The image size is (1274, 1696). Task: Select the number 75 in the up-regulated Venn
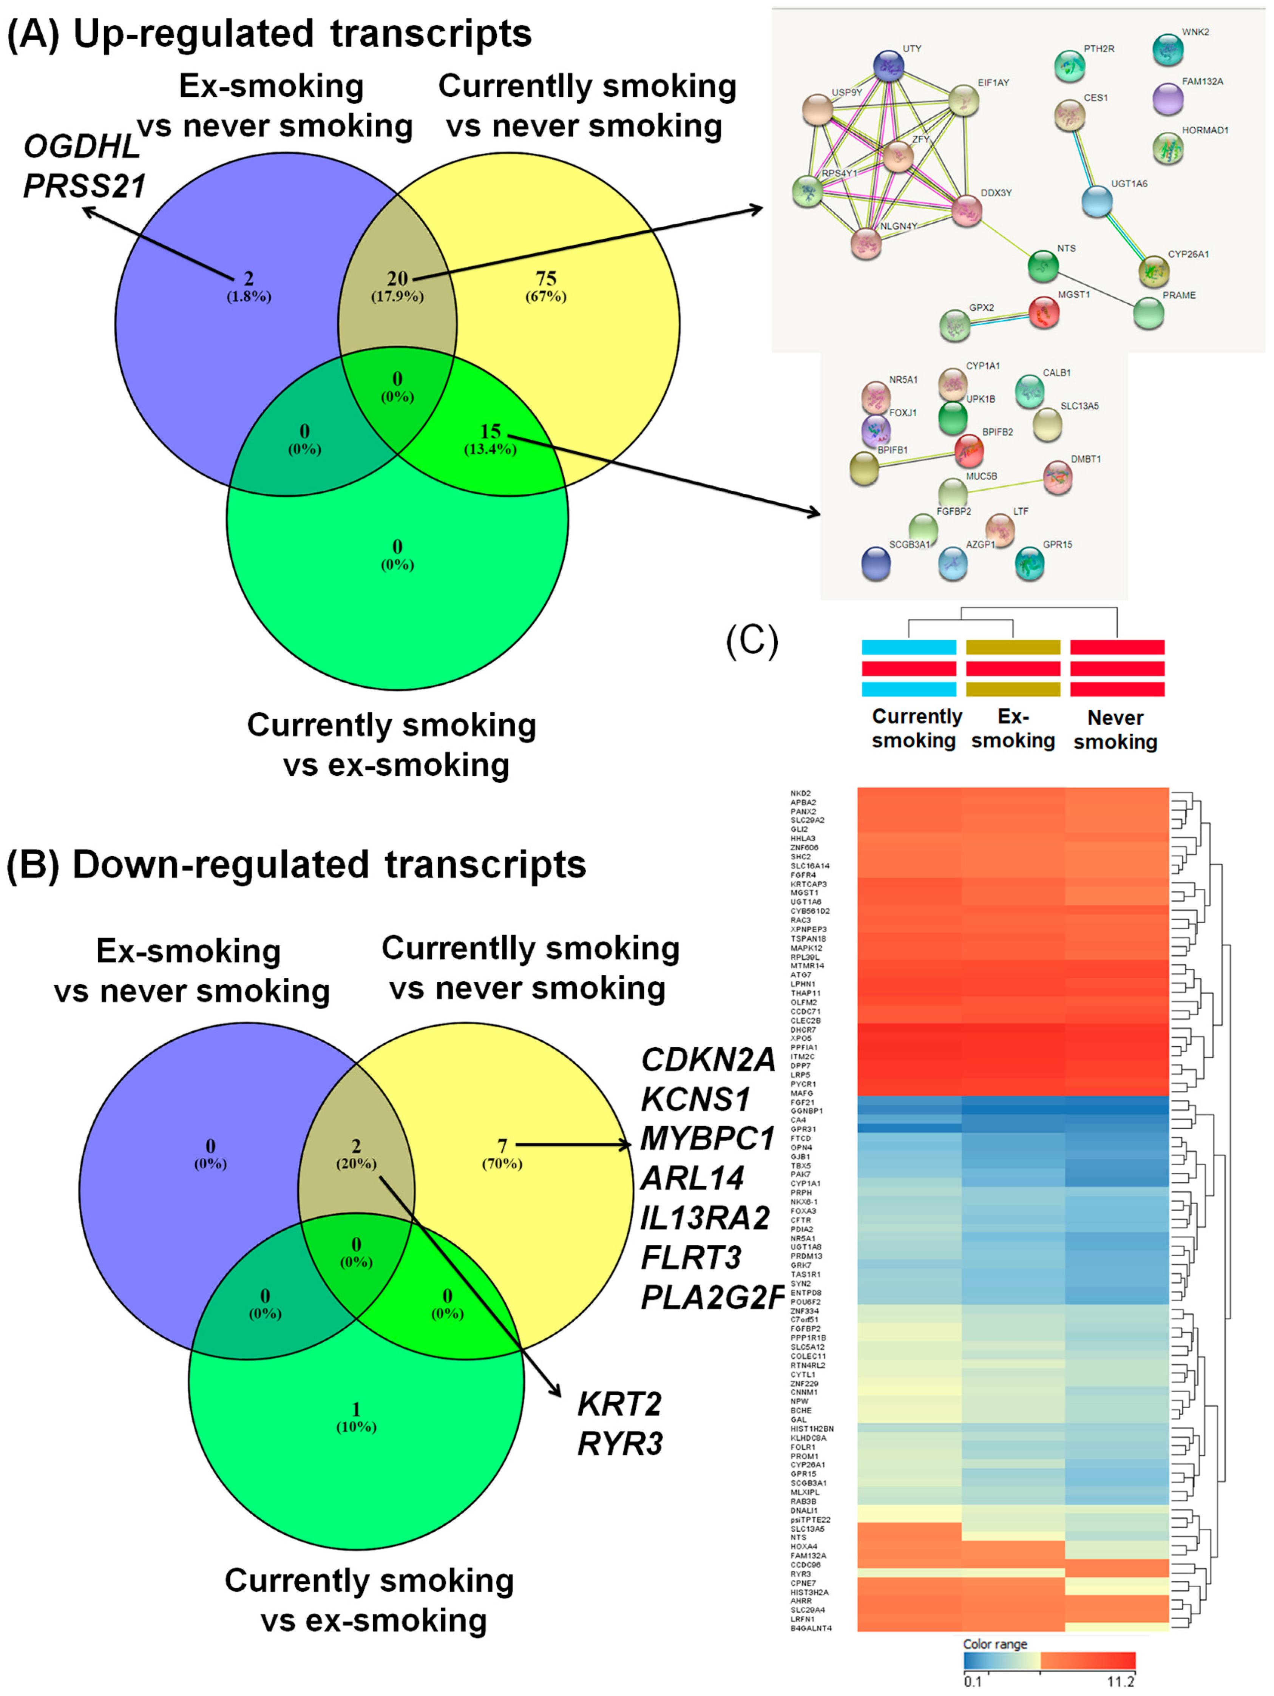(546, 278)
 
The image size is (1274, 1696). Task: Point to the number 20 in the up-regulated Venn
(397, 278)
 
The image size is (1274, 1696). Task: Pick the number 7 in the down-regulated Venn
(502, 1146)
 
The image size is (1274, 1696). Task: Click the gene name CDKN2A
(708, 1060)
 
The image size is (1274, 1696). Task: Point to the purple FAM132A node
(1167, 99)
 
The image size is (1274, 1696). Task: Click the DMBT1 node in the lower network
(1058, 478)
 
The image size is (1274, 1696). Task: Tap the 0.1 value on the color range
(973, 1681)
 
